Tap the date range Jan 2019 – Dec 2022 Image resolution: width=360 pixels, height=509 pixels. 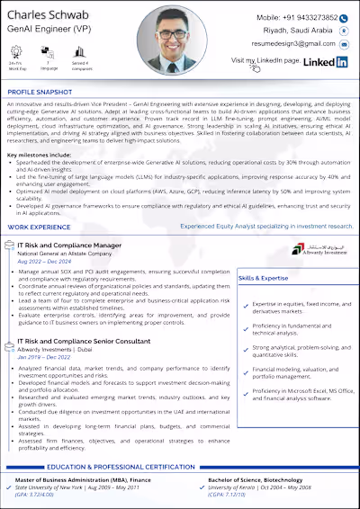coord(45,357)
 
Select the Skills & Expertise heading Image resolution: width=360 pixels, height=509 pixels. coord(264,279)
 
